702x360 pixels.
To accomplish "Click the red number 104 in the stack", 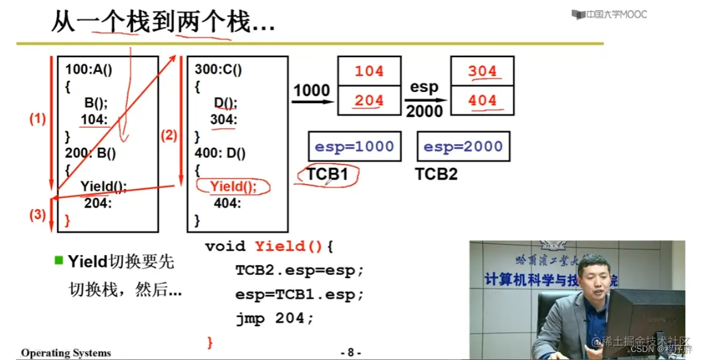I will pyautogui.click(x=369, y=71).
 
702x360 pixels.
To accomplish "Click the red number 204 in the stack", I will pyautogui.click(x=369, y=101).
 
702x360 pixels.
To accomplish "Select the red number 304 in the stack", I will pyautogui.click(x=482, y=71).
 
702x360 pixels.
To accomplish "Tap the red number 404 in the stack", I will pyautogui.click(x=482, y=101).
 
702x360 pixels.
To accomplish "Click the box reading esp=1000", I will pyautogui.click(x=354, y=147).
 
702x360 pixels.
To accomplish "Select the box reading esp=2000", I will pyautogui.click(x=463, y=147).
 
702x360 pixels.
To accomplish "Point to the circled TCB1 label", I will pyautogui.click(x=327, y=174).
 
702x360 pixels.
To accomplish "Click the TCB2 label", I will pyautogui.click(x=436, y=174).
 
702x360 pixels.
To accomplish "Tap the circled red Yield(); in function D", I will pyautogui.click(x=233, y=187).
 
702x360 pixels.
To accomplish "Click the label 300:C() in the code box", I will pyautogui.click(x=218, y=69).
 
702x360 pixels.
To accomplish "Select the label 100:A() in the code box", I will pyautogui.click(x=89, y=69).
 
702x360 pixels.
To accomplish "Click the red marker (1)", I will pyautogui.click(x=37, y=120).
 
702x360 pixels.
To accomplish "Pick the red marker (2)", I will pyautogui.click(x=169, y=136).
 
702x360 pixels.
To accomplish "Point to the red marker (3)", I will pyautogui.click(x=37, y=215).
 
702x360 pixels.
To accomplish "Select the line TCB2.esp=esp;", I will pyautogui.click(x=299, y=270).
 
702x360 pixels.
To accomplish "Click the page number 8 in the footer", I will pyautogui.click(x=350, y=353).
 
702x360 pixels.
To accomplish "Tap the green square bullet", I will pyautogui.click(x=59, y=260).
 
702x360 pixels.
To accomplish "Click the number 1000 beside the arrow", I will pyautogui.click(x=311, y=90).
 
